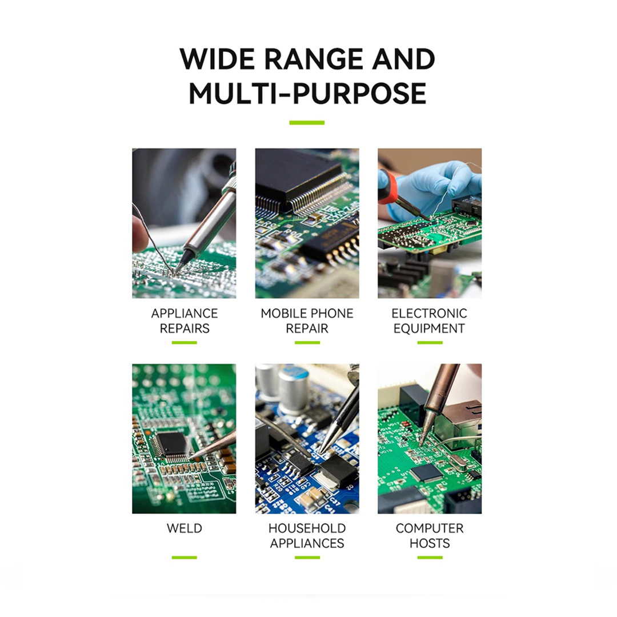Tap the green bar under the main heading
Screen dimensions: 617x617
pyautogui.click(x=307, y=122)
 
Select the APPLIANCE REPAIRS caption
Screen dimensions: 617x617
pyautogui.click(x=184, y=320)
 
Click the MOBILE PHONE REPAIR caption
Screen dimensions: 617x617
pyautogui.click(x=307, y=320)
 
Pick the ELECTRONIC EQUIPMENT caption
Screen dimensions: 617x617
pyautogui.click(x=429, y=320)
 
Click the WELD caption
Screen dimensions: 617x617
pyautogui.click(x=184, y=528)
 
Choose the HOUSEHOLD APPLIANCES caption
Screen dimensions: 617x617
pyautogui.click(x=307, y=535)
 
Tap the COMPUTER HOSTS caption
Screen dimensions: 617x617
pyautogui.click(x=429, y=535)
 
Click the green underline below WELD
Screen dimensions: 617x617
pyautogui.click(x=184, y=557)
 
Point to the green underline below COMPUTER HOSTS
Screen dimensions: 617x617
pyautogui.click(x=429, y=557)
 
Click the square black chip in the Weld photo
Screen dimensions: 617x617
pyautogui.click(x=171, y=444)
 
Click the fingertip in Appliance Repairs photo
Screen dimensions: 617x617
pyautogui.click(x=139, y=234)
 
